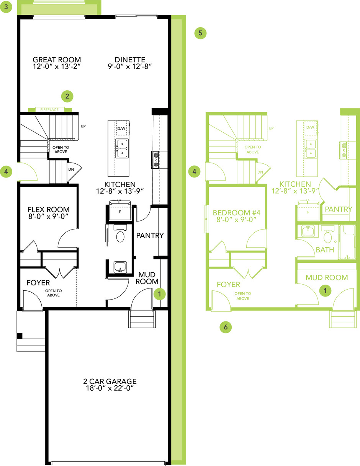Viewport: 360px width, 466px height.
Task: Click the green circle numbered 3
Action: (6, 7)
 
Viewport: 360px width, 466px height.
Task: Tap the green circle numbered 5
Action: (200, 33)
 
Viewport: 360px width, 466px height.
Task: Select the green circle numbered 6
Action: (226, 327)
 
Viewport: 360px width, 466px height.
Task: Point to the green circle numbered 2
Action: (67, 96)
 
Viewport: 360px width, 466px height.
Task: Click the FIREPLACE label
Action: (49, 109)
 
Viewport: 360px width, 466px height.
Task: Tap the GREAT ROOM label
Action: (57, 59)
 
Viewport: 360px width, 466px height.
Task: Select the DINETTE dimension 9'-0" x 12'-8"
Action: (130, 67)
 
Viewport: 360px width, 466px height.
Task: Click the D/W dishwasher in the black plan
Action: (121, 129)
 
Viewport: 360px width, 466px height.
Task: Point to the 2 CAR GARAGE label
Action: (110, 381)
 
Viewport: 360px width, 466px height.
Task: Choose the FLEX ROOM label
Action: (49, 209)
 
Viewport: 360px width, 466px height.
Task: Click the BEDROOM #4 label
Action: (237, 213)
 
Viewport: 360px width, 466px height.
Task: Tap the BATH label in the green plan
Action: (325, 250)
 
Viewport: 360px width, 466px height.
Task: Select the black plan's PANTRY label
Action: (150, 235)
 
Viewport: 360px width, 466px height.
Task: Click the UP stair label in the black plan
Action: (83, 126)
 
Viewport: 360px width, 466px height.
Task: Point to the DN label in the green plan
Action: (260, 172)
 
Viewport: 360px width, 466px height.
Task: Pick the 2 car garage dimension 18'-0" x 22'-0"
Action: (110, 388)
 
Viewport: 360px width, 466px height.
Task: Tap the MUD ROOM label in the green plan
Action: (327, 277)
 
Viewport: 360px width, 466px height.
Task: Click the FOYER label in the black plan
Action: (38, 283)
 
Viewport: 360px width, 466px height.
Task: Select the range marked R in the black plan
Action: (155, 160)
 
